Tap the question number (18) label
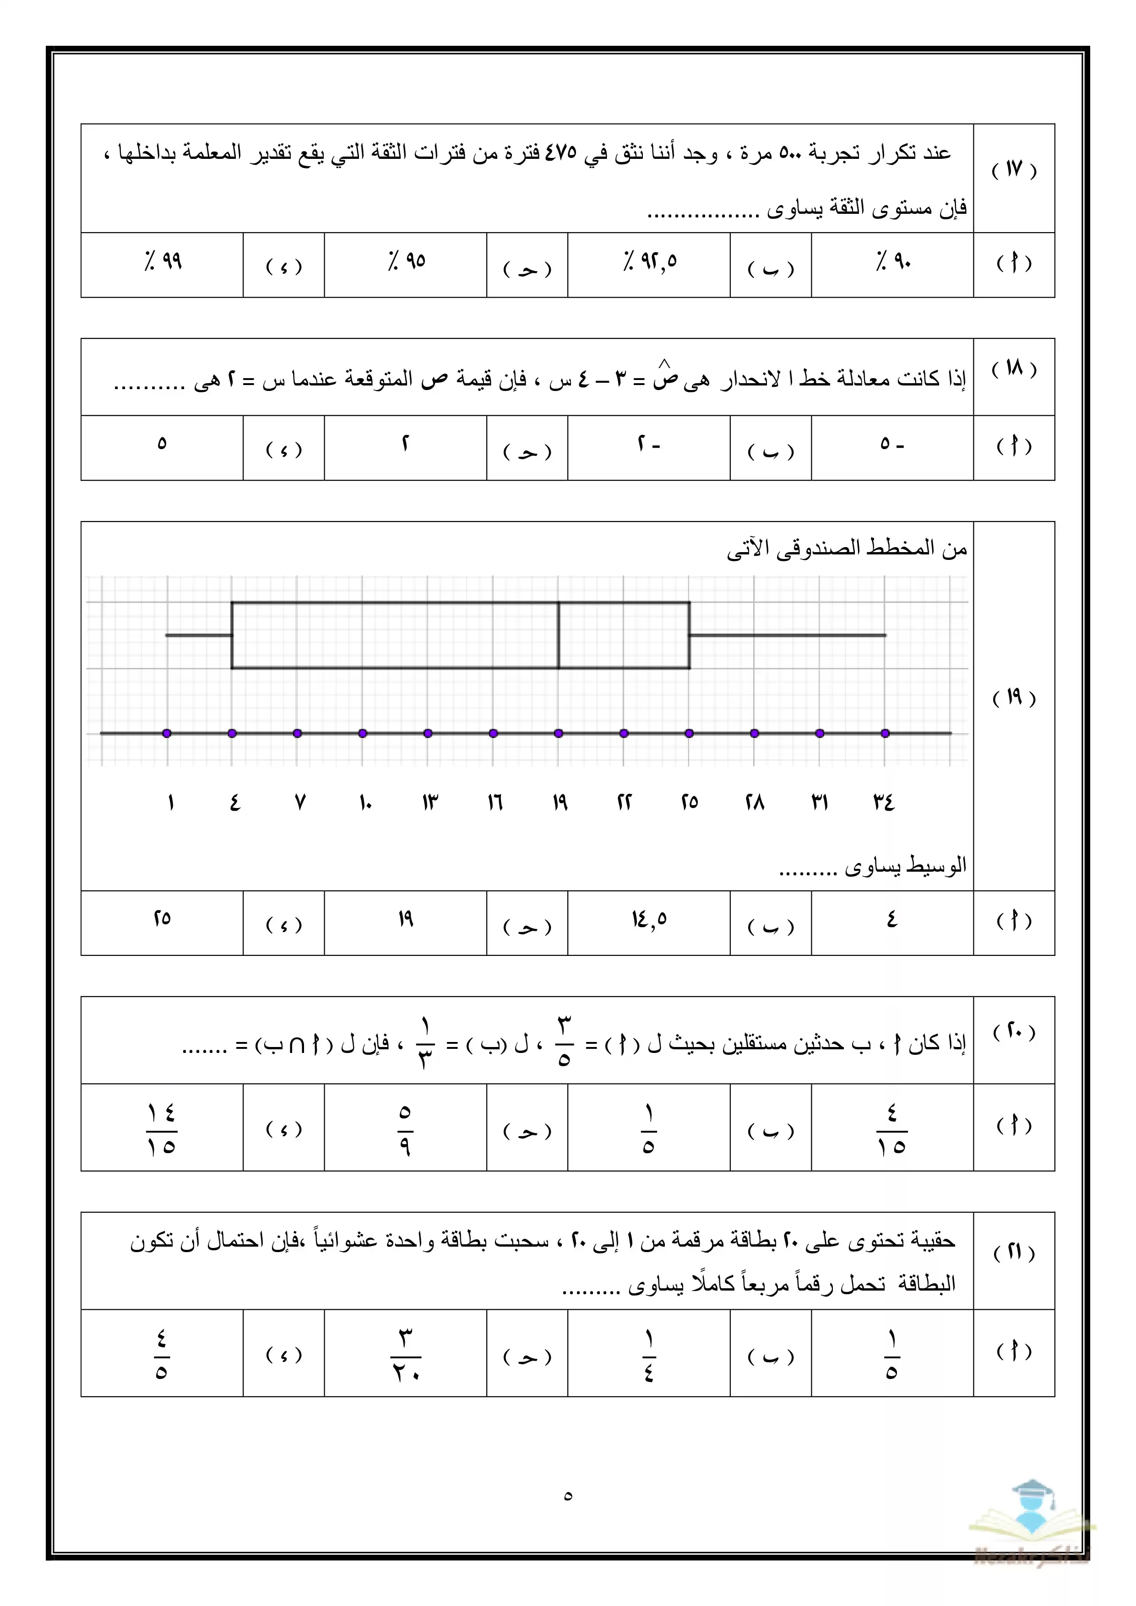click(1014, 369)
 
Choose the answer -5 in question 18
click(892, 444)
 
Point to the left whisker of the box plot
click(199, 635)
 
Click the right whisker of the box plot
click(788, 635)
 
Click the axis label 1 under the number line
click(170, 802)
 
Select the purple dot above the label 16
click(493, 733)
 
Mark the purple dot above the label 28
click(754, 733)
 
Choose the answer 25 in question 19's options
click(162, 918)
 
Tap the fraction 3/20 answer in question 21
click(406, 1355)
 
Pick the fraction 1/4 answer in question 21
click(649, 1355)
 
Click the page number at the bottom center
click(567, 1496)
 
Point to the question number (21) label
click(1014, 1252)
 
